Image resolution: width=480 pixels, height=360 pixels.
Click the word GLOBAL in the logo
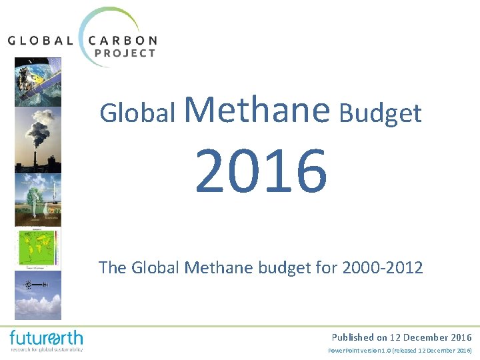point(40,40)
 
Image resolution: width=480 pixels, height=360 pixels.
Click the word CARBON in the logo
point(123,40)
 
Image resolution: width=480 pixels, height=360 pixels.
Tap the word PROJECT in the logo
point(126,53)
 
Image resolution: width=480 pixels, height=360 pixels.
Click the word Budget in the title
point(380,113)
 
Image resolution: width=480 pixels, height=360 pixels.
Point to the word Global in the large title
point(138,113)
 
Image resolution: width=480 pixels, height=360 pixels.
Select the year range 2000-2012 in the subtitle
point(382,268)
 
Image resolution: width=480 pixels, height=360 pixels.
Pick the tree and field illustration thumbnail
point(37,200)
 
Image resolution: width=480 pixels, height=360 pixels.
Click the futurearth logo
point(46,340)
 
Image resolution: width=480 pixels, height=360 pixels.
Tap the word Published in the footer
point(353,337)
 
